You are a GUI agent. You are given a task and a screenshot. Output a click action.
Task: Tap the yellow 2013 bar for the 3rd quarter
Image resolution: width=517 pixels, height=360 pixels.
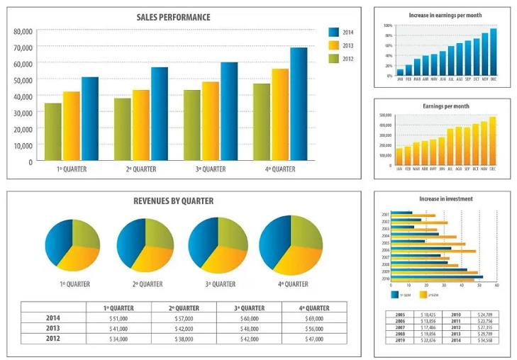(210, 121)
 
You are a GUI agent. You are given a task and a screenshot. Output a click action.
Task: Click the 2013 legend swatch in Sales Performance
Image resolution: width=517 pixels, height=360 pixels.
(334, 45)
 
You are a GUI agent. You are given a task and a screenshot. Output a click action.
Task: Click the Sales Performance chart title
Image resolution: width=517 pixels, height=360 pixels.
(173, 17)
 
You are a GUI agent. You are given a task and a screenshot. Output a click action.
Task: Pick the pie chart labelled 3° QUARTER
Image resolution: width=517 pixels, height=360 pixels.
(218, 246)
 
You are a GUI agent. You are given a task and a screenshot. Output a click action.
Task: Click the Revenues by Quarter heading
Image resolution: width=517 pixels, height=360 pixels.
(173, 201)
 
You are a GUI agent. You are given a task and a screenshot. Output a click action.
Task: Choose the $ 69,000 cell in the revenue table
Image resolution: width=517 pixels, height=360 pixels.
(314, 319)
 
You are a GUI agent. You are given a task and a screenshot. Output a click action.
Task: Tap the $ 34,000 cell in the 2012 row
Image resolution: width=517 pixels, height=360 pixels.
(118, 339)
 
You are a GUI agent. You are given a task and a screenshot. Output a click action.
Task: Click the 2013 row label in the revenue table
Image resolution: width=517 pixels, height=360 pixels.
(53, 329)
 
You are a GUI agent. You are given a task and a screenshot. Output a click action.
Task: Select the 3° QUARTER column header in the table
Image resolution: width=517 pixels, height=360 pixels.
(249, 308)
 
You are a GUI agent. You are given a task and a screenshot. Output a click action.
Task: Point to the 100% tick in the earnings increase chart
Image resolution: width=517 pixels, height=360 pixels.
(388, 26)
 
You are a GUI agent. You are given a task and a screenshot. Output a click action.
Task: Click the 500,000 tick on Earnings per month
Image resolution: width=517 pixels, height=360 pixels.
(386, 114)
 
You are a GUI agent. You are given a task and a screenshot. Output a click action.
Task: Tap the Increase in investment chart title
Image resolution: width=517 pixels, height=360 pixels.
(445, 199)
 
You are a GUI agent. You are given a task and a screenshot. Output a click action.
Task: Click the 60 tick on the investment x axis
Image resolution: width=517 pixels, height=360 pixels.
(496, 286)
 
